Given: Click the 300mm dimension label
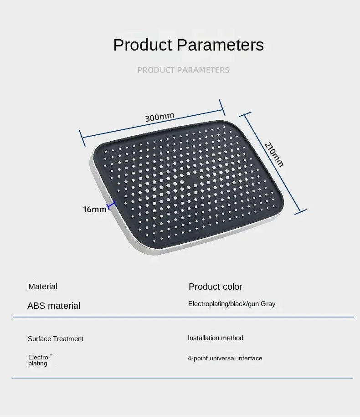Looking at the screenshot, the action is [159, 117].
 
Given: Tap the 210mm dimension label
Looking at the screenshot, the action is [274, 154].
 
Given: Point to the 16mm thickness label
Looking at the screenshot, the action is [94, 209].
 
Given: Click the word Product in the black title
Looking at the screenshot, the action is [143, 45].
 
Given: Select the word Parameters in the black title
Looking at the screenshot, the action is [220, 45].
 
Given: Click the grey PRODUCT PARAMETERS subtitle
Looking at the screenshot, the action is [183, 70].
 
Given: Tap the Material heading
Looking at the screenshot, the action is [43, 287].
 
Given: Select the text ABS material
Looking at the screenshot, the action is [54, 306].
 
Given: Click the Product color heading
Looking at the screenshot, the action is [216, 287].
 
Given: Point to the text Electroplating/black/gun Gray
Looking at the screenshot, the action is [231, 304].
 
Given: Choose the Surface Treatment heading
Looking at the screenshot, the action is [56, 339].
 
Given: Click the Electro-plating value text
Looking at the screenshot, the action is [39, 360].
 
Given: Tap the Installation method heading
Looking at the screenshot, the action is [216, 338].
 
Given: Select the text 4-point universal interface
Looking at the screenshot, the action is [225, 359].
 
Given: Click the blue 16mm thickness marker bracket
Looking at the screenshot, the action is [112, 205].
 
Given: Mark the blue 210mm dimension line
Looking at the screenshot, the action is [273, 164].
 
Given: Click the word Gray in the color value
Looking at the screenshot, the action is [268, 304].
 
